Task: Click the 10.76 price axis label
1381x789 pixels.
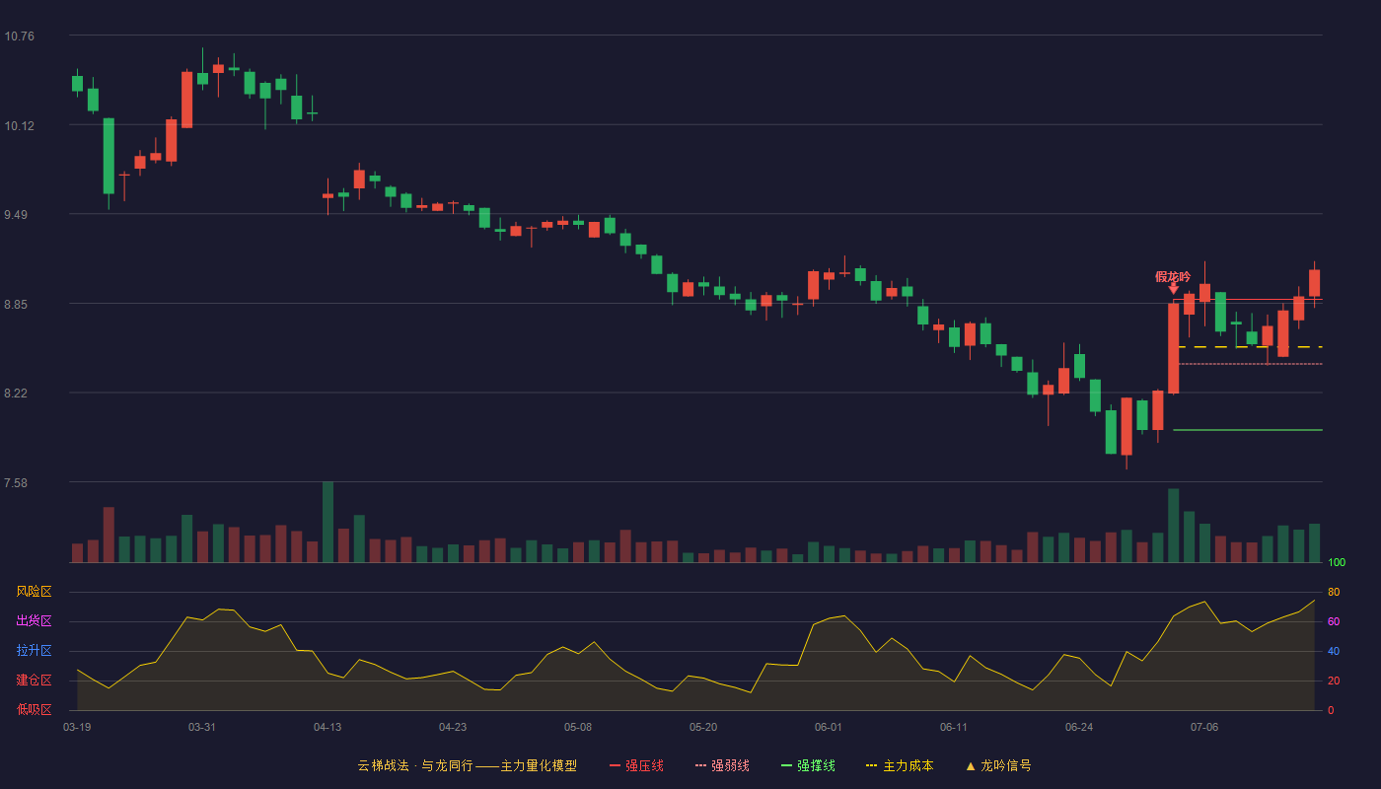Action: [19, 36]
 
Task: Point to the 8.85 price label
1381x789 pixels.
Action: [16, 305]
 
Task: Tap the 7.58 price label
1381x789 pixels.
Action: [16, 483]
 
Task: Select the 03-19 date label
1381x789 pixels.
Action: [77, 728]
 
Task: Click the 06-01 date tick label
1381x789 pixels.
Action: [828, 728]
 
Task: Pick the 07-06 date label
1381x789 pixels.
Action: [1204, 728]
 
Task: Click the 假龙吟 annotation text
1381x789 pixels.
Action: [1173, 277]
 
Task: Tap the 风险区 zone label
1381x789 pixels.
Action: [34, 592]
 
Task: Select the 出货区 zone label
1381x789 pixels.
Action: [34, 620]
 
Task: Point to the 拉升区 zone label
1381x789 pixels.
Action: [34, 650]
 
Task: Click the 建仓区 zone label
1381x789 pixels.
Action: [34, 680]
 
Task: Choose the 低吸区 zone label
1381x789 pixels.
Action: [34, 709]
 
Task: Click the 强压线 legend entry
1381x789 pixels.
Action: [636, 765]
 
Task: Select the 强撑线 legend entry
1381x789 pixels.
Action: [808, 765]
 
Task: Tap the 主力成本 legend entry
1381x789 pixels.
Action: [900, 765]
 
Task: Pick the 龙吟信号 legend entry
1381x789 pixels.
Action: [998, 765]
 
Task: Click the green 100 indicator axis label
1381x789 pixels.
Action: [1337, 562]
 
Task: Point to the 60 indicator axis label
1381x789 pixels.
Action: [1334, 621]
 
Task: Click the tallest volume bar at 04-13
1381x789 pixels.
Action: [327, 522]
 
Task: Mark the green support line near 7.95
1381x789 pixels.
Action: [1248, 430]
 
